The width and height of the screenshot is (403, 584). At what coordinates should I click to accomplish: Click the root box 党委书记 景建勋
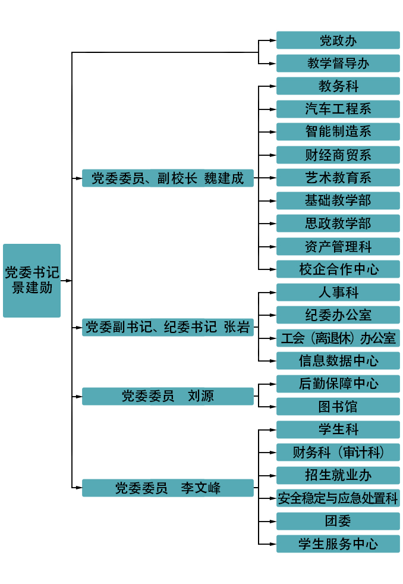tap(32, 280)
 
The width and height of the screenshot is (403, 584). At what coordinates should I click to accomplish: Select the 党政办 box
tap(338, 40)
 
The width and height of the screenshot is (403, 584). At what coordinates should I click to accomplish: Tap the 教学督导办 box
tap(338, 63)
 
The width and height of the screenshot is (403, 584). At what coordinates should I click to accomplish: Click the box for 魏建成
tap(168, 178)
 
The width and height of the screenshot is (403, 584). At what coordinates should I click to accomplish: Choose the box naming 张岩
tap(168, 327)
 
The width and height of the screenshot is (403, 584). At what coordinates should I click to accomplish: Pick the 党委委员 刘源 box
tap(168, 396)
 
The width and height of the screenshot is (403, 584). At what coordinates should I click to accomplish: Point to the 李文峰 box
tap(168, 488)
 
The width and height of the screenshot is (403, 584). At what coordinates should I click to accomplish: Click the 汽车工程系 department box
tap(338, 109)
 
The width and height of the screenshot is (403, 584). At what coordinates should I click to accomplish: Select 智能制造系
tap(338, 131)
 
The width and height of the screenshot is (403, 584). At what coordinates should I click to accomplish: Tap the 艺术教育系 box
tap(338, 177)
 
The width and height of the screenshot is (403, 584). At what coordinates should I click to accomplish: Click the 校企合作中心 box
tap(338, 269)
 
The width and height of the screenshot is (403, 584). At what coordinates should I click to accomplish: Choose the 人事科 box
tap(338, 292)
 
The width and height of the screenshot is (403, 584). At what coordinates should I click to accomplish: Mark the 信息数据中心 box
tap(338, 360)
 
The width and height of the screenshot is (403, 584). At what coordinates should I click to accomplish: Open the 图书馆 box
tap(338, 407)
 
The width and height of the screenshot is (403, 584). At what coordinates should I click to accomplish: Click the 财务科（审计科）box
tap(338, 452)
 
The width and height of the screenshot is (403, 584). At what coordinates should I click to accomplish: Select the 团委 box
tap(338, 521)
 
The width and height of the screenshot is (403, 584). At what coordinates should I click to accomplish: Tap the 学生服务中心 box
tap(338, 544)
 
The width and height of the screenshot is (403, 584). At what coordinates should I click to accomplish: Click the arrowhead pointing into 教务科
tap(273, 86)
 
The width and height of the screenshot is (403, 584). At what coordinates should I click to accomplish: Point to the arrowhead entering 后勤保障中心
tap(273, 384)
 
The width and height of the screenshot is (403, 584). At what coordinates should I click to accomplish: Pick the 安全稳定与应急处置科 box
tap(338, 498)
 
